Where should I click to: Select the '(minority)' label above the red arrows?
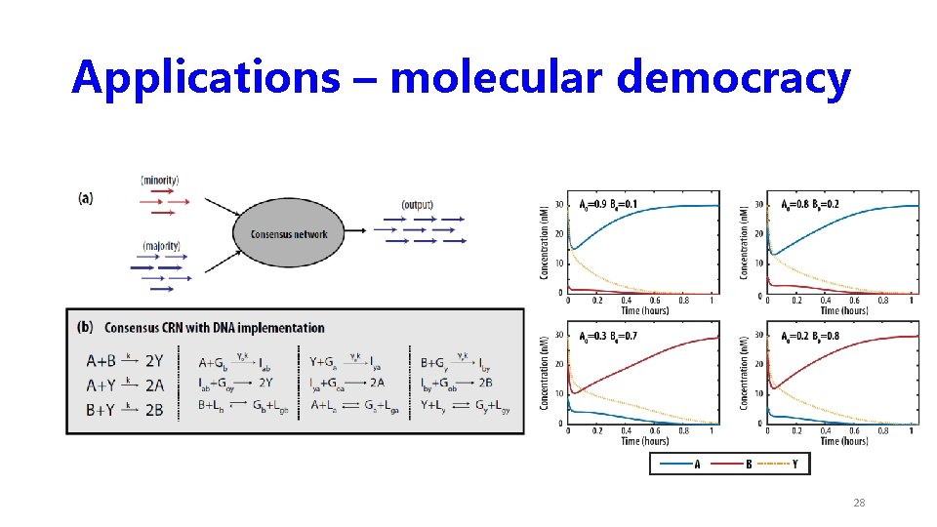point(160,181)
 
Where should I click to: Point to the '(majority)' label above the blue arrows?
point(160,245)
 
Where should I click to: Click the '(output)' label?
point(417,205)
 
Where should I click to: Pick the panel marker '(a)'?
point(87,197)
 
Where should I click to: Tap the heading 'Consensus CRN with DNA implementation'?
point(215,327)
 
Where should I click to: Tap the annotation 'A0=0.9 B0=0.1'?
point(610,204)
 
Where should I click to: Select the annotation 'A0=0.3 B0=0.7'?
point(610,335)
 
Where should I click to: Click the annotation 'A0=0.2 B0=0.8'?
point(809,335)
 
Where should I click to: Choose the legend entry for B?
point(738,465)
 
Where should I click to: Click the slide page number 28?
point(859,503)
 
